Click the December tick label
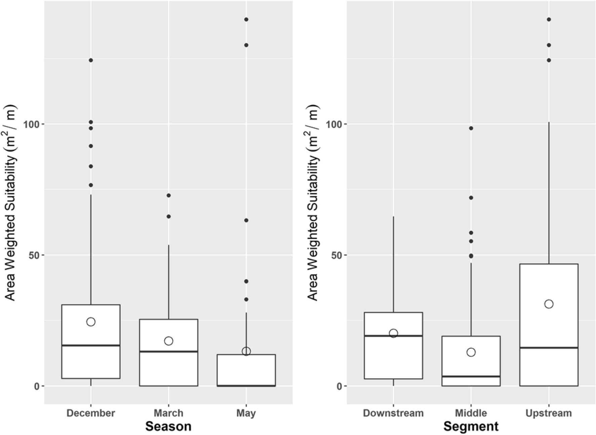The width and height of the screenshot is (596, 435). point(91,413)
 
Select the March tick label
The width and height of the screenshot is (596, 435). point(168,413)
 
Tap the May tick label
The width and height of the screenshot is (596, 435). point(246,413)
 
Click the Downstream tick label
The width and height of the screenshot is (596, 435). point(393,413)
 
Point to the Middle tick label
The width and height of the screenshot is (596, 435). point(471,413)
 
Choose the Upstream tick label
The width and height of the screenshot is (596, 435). point(549,413)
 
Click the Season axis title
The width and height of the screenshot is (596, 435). point(168,427)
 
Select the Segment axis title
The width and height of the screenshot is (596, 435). point(471,427)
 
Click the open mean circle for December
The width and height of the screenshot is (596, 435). point(91,322)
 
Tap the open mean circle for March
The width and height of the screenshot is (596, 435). point(168,341)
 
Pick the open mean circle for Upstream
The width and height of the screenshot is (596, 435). point(549,304)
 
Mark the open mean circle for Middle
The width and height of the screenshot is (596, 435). point(471,352)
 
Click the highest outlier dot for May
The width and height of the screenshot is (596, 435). point(246,19)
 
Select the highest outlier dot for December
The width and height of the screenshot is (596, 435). point(91,60)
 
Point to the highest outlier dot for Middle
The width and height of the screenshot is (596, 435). point(471,128)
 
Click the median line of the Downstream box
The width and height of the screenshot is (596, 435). point(393,336)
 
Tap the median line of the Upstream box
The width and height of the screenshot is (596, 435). point(549,348)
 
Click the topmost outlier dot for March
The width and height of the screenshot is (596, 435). point(168,195)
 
